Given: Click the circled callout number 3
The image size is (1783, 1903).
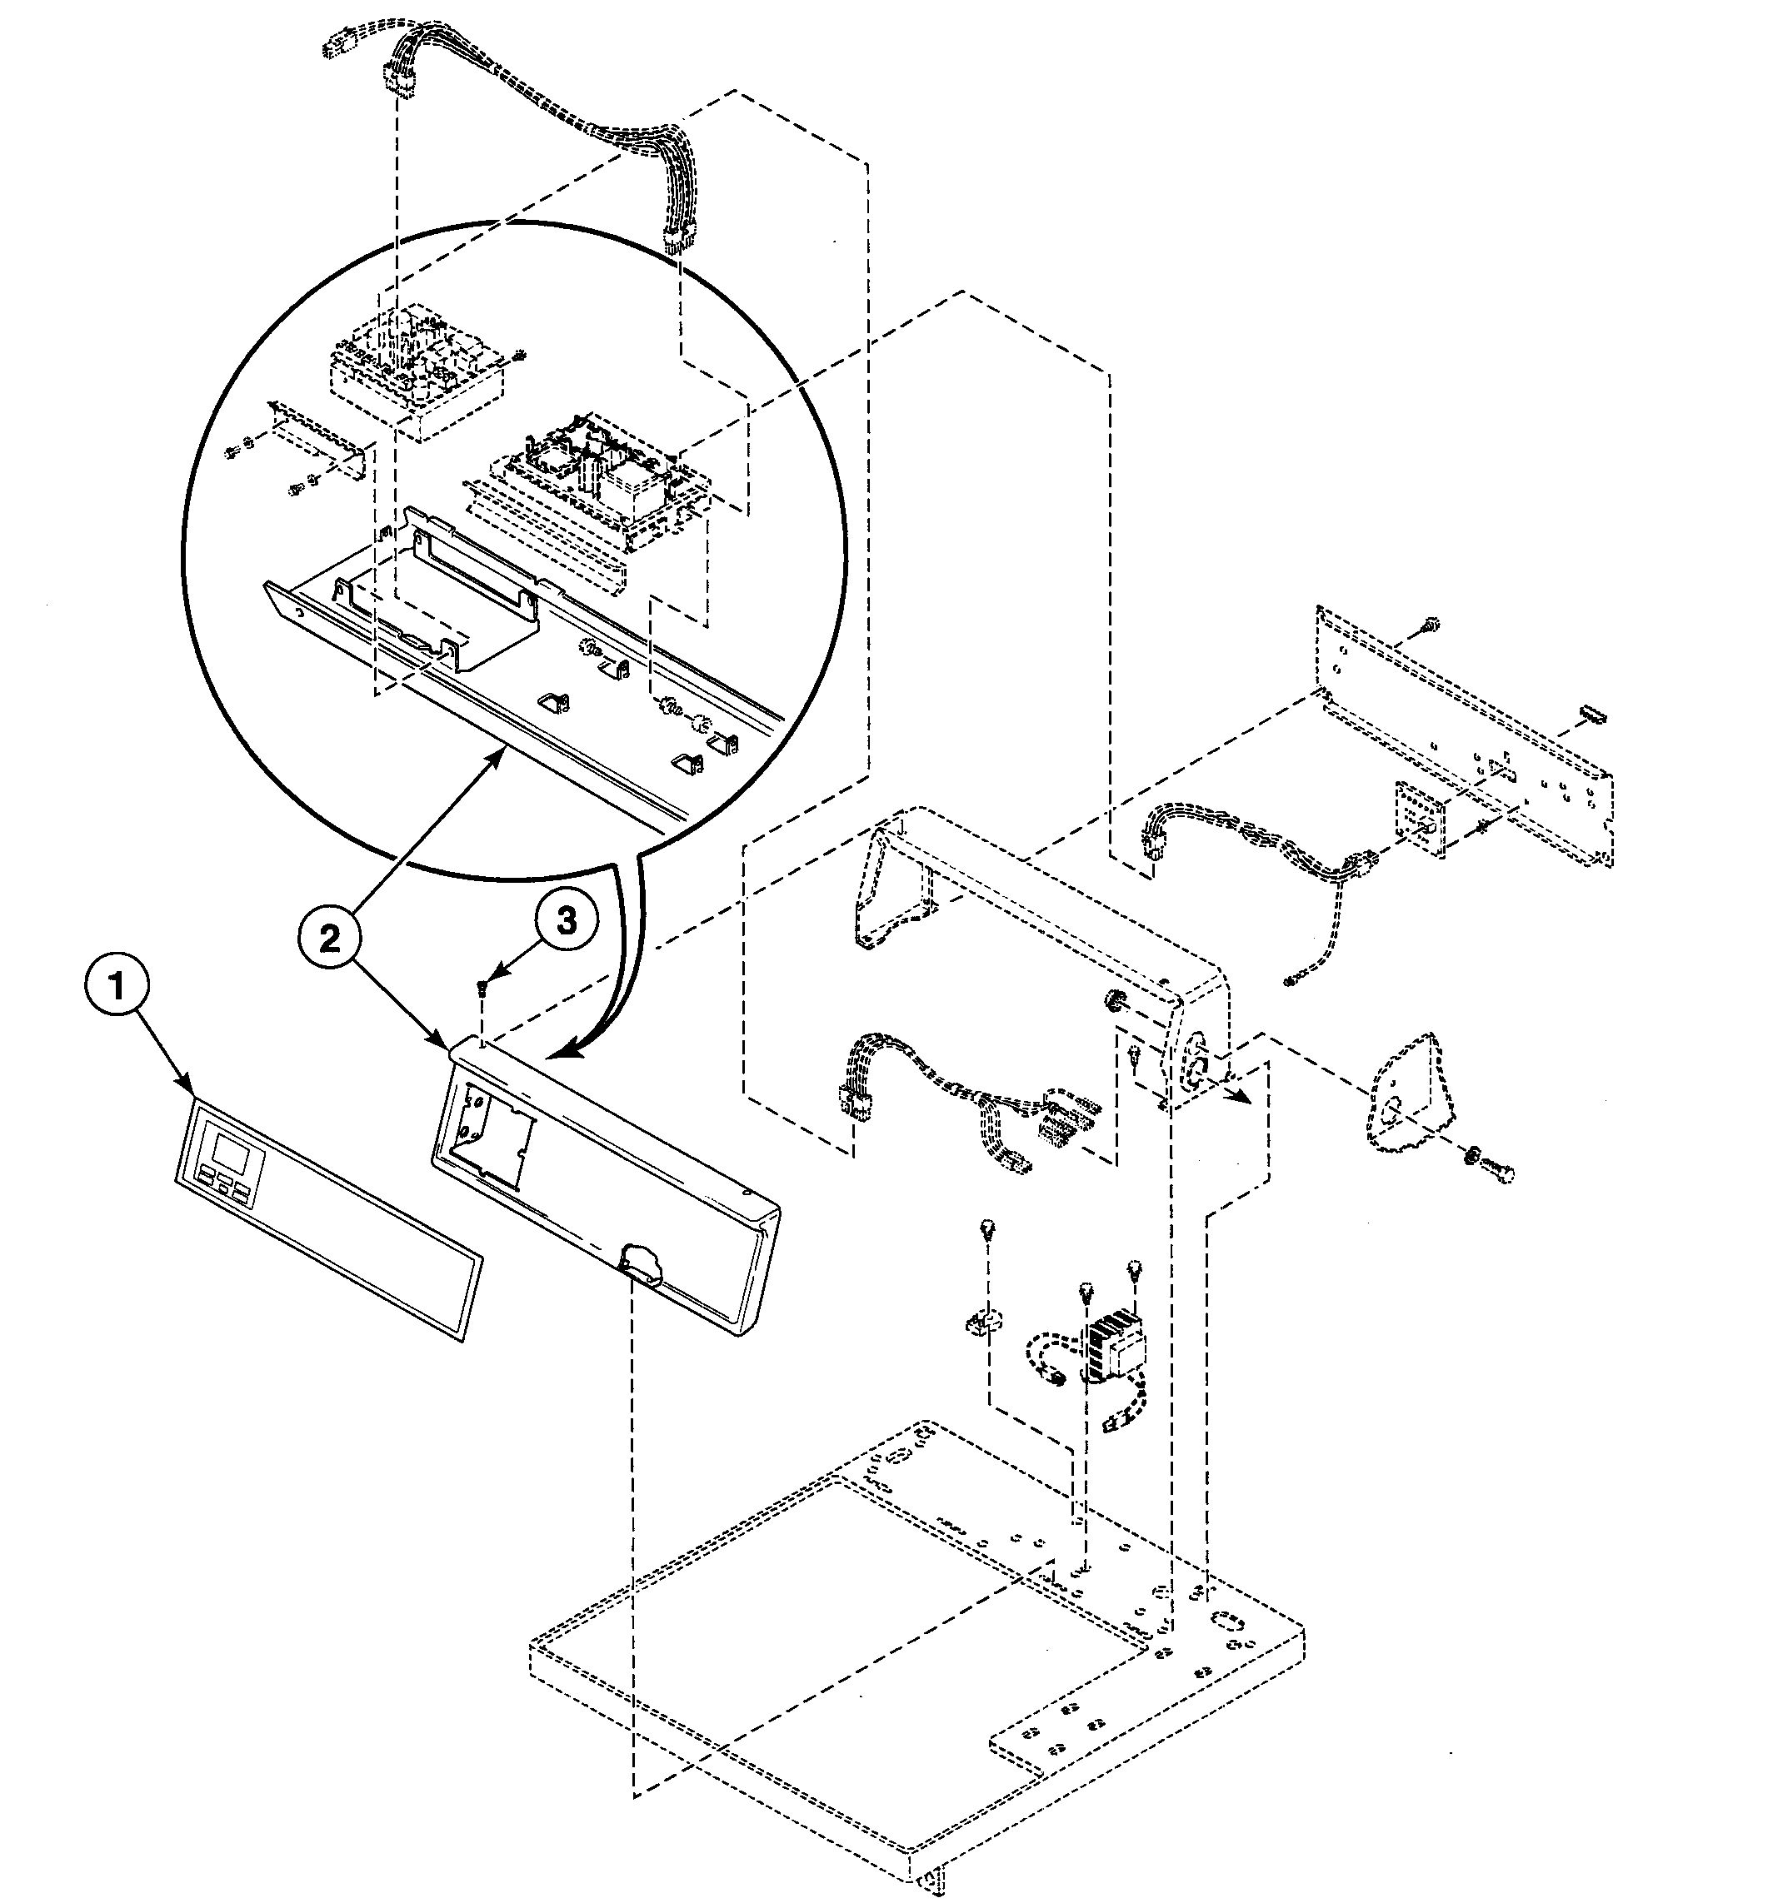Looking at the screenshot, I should click(x=567, y=921).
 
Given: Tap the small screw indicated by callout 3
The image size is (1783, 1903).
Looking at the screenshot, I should click(x=486, y=988).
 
